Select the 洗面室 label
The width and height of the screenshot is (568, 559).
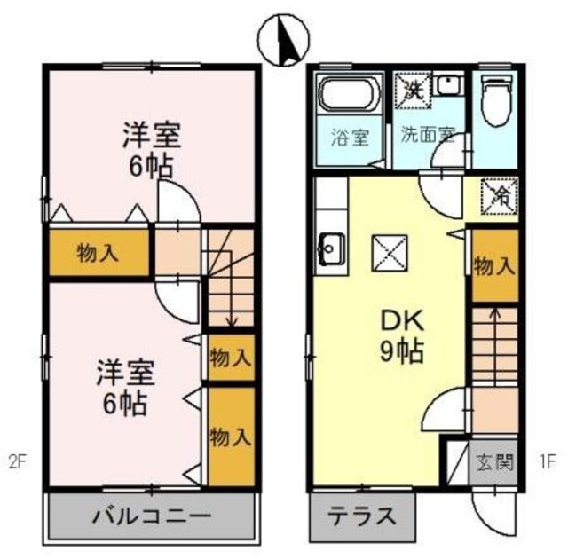coord(427,136)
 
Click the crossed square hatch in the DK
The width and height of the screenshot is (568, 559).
coord(389,254)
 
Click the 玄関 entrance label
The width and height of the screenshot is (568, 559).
coord(493,462)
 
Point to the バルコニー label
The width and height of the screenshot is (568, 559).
coord(151,515)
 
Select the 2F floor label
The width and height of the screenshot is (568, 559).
coord(19,461)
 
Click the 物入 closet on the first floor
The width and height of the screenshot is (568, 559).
coord(494,266)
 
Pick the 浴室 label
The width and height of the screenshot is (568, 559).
coord(349,138)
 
